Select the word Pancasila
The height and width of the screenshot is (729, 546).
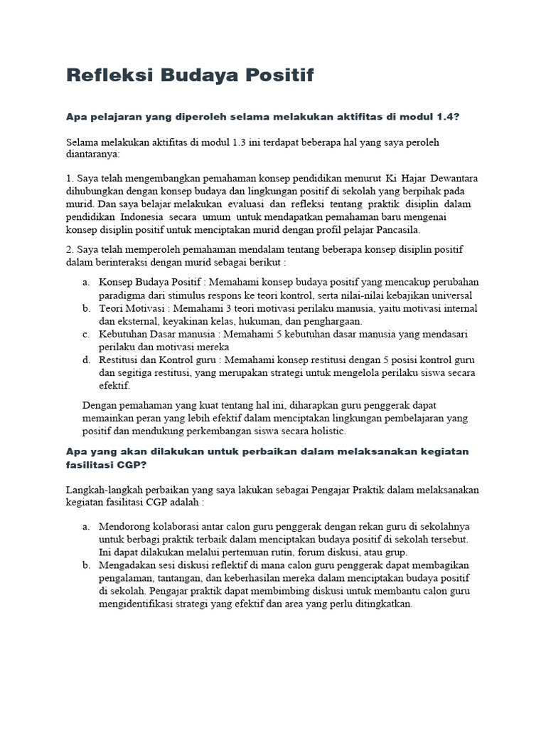400,229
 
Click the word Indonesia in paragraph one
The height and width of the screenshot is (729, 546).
142,216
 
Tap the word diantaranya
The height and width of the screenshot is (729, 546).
92,154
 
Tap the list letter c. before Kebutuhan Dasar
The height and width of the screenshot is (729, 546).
85,334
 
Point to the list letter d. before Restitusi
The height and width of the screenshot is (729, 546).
85,360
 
